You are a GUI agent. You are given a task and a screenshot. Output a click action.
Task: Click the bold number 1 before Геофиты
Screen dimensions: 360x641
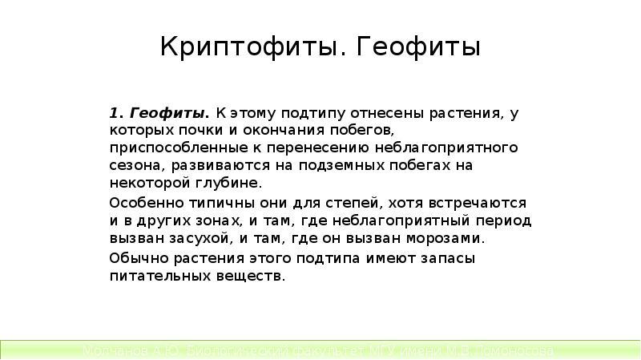coord(115,112)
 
